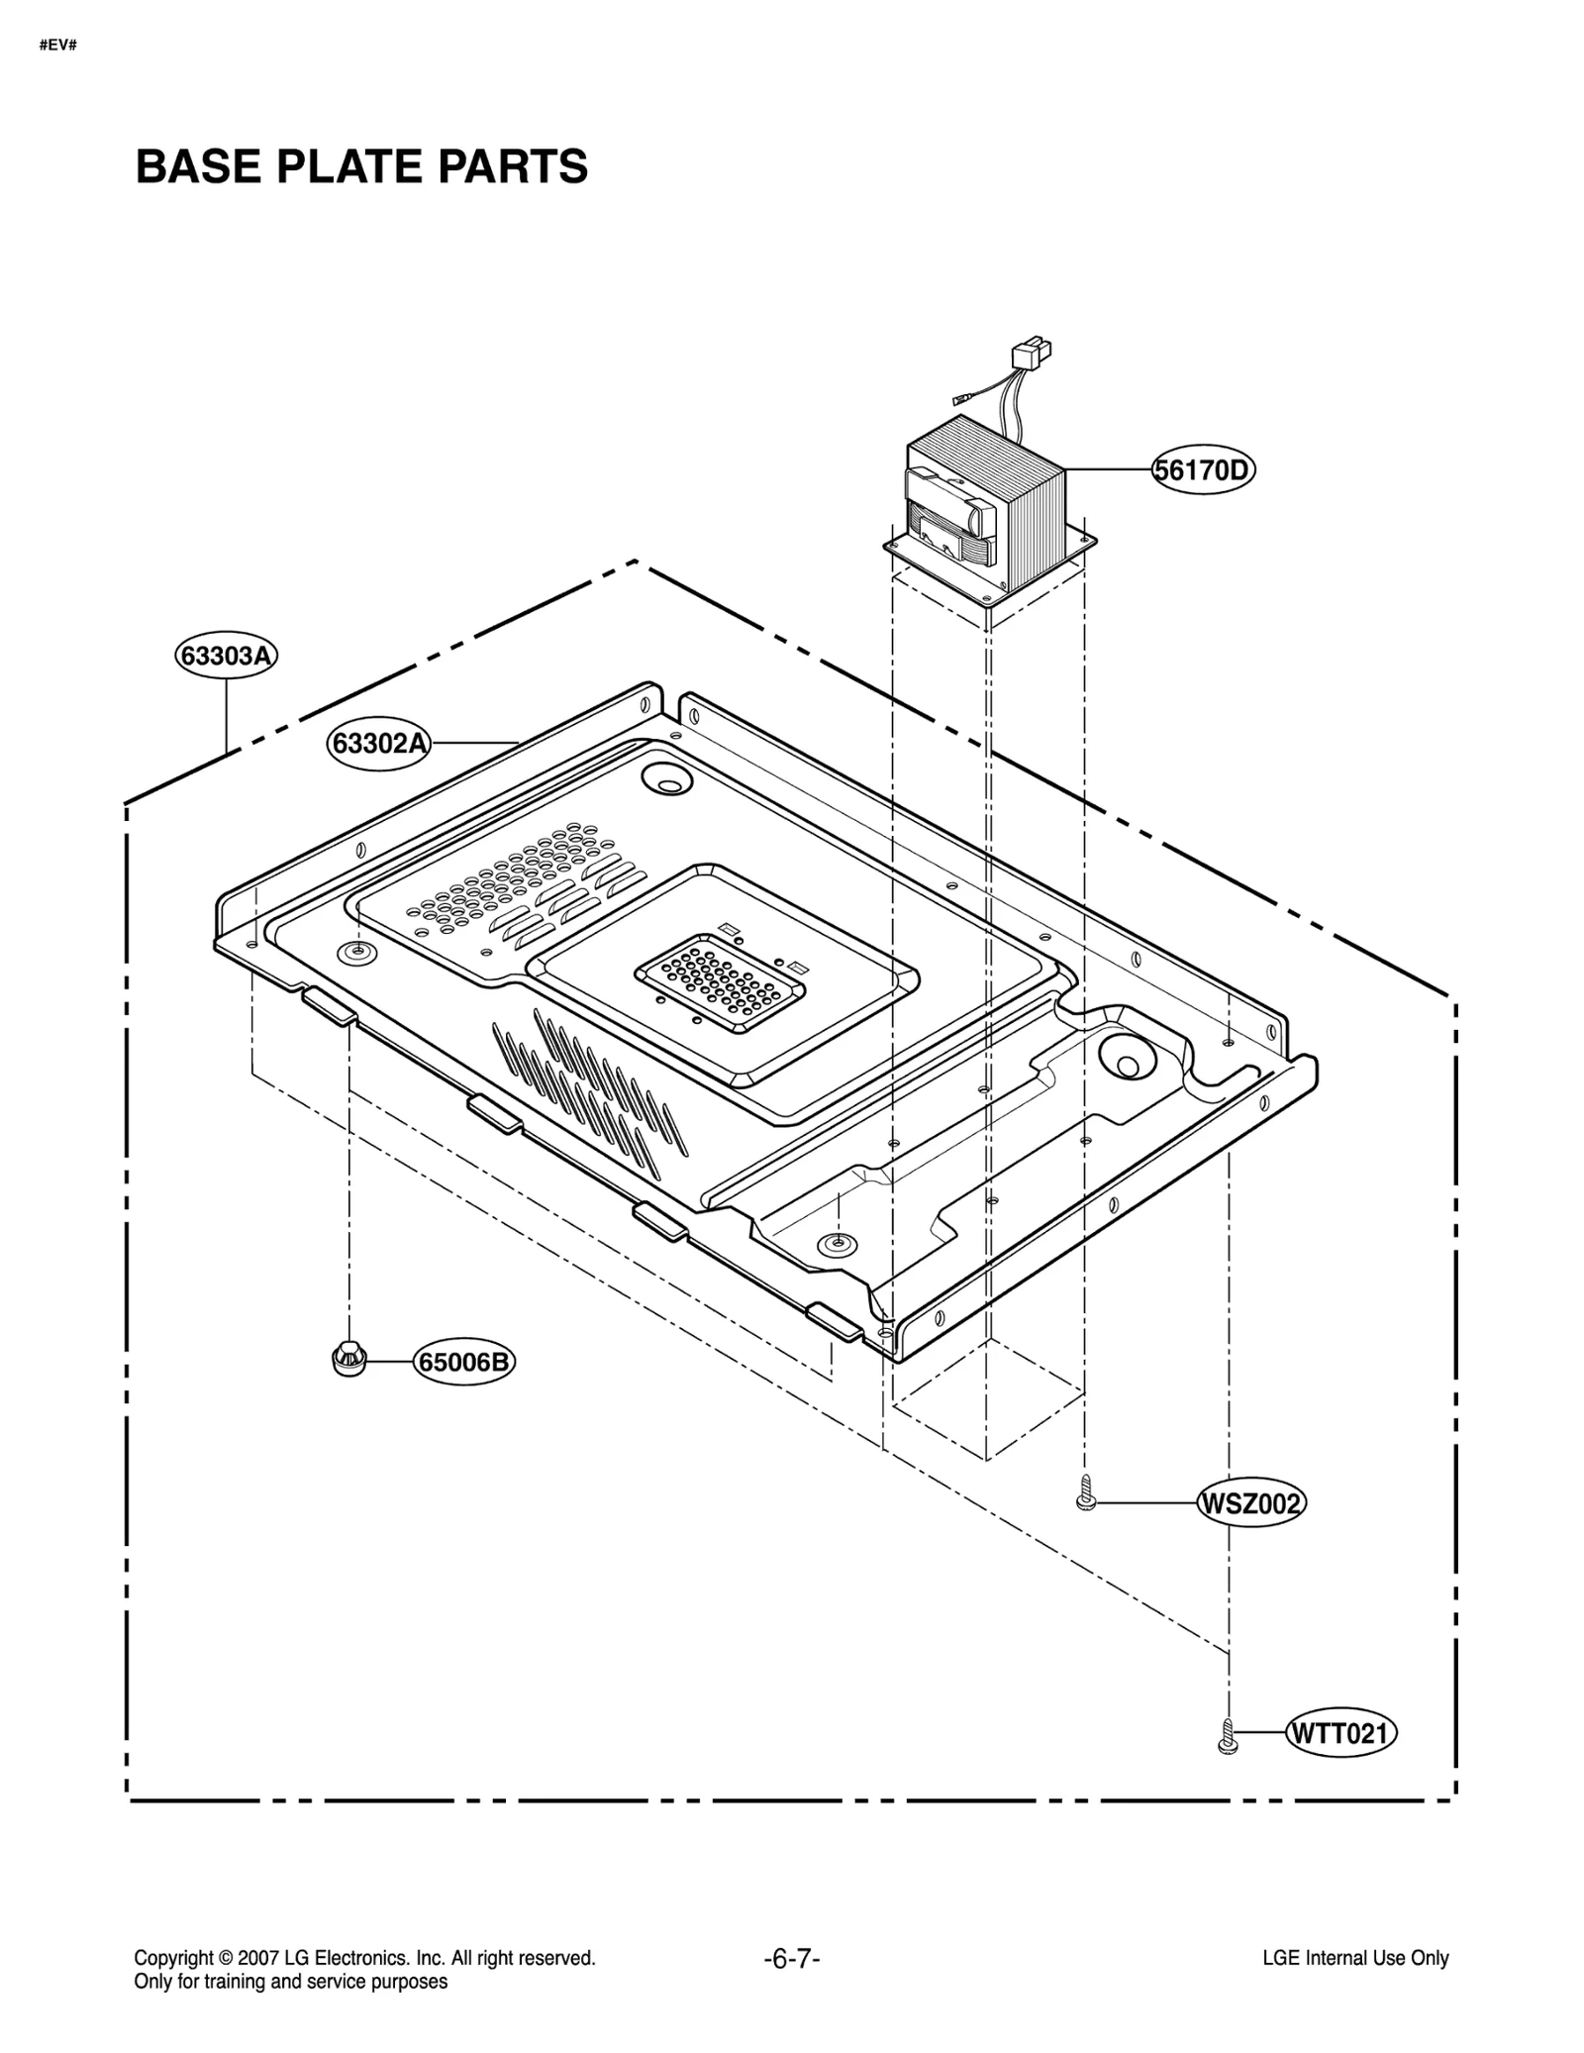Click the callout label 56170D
click(x=1202, y=469)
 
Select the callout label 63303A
click(x=226, y=656)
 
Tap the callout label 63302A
click(x=378, y=743)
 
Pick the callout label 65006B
click(x=463, y=1363)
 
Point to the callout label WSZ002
click(x=1249, y=1504)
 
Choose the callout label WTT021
click(x=1340, y=1733)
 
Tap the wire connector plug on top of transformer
click(x=1030, y=355)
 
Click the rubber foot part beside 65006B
click(x=347, y=1359)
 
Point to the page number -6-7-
click(x=791, y=1959)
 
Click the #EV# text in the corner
click(x=57, y=46)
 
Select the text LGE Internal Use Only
click(x=1354, y=1958)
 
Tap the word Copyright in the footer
click(x=172, y=1958)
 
